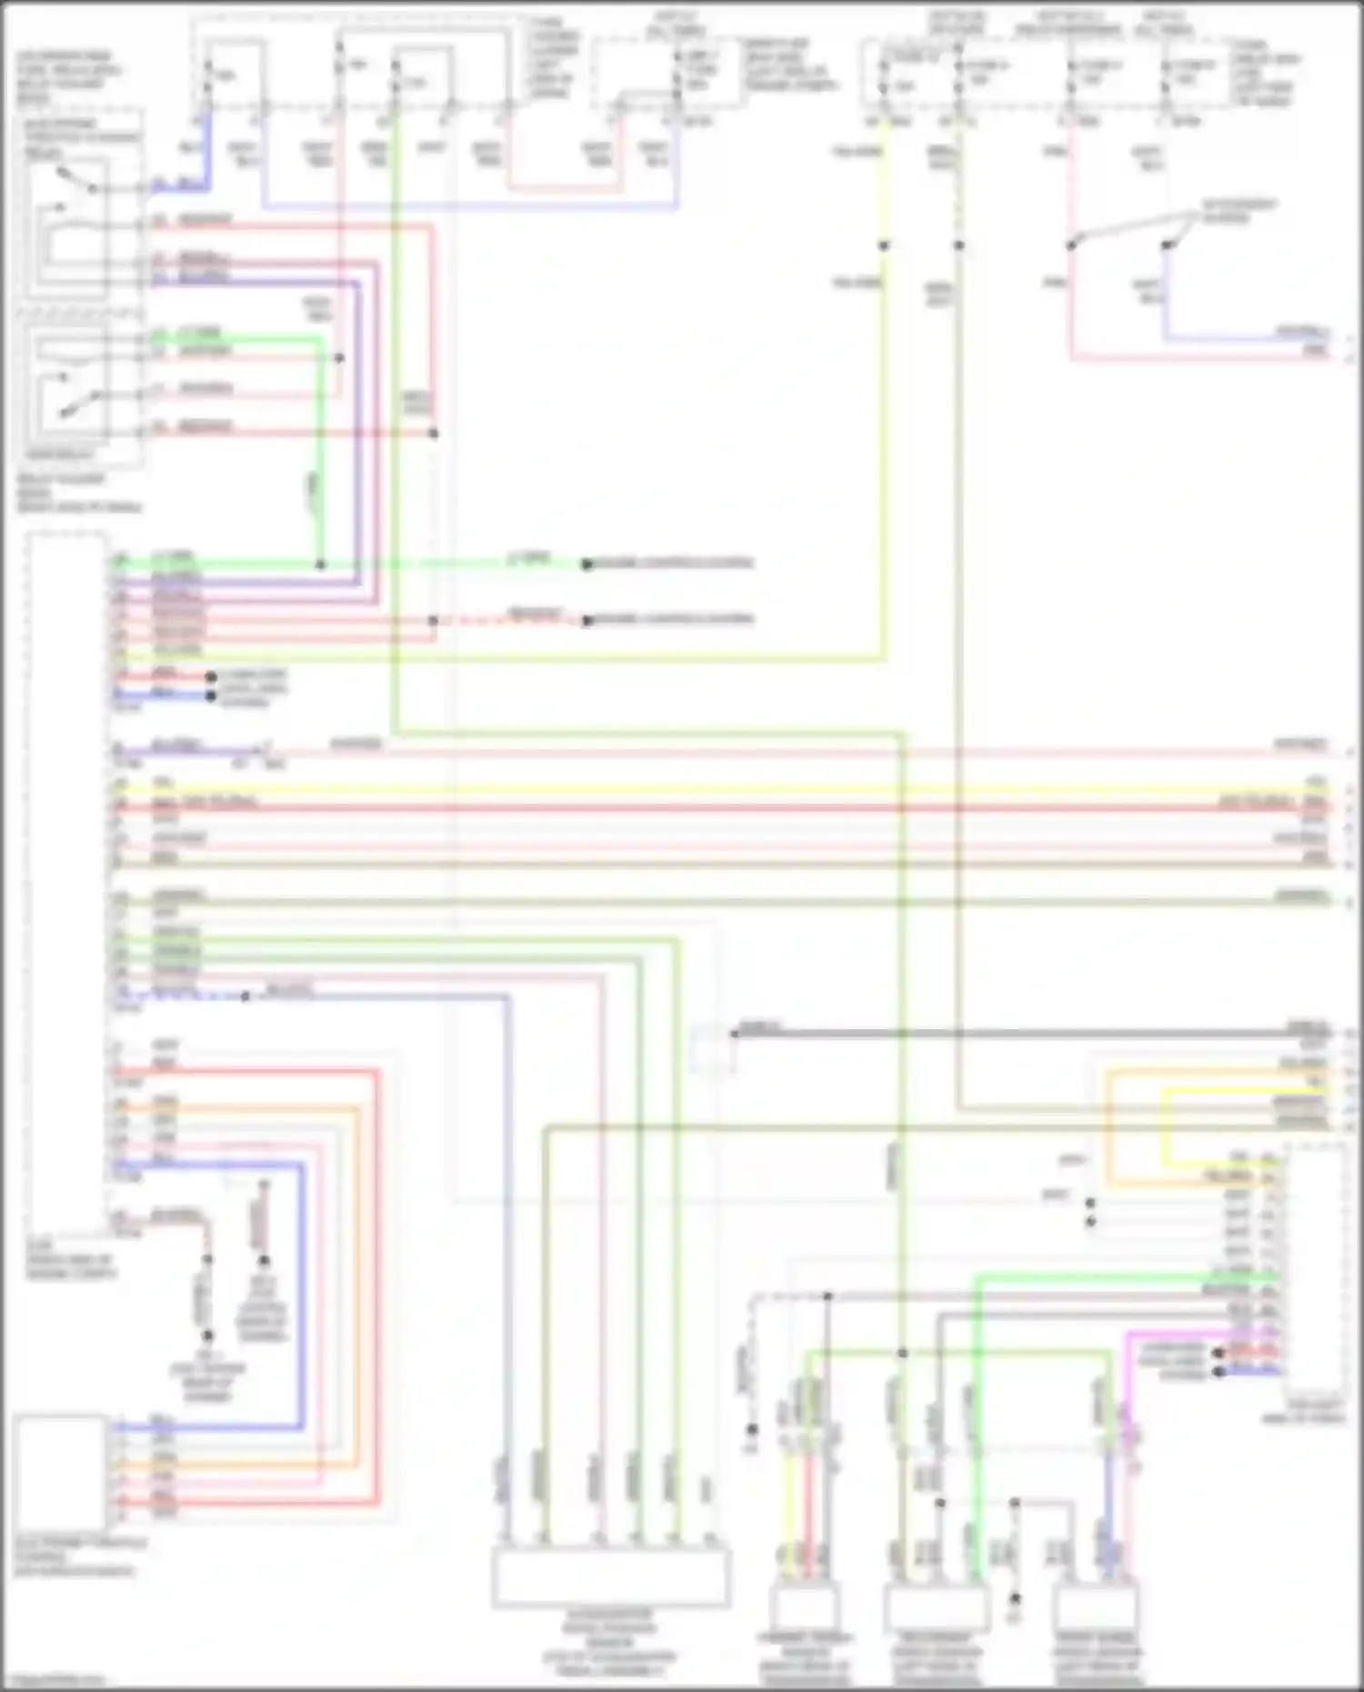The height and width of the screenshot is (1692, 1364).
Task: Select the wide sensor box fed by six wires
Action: tap(611, 1577)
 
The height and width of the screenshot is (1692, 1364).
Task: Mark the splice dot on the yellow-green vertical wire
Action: tap(883, 245)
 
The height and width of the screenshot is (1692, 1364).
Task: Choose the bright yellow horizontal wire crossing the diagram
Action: tap(727, 790)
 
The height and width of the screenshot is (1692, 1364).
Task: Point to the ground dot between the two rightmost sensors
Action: tap(1015, 1598)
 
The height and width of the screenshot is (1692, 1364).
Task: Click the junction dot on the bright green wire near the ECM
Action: tap(320, 565)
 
